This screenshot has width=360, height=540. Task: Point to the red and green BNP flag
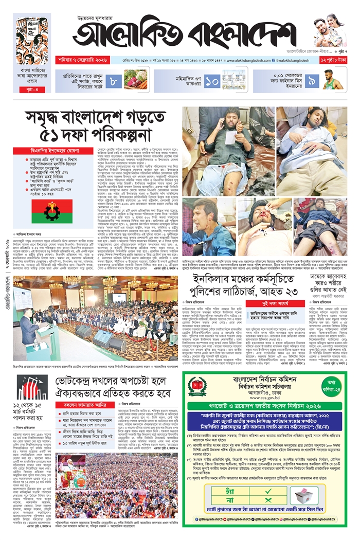pos(52,211)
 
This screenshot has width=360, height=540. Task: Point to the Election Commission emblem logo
pos(197,388)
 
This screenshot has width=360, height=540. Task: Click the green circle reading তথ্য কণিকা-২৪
pos(331,386)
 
